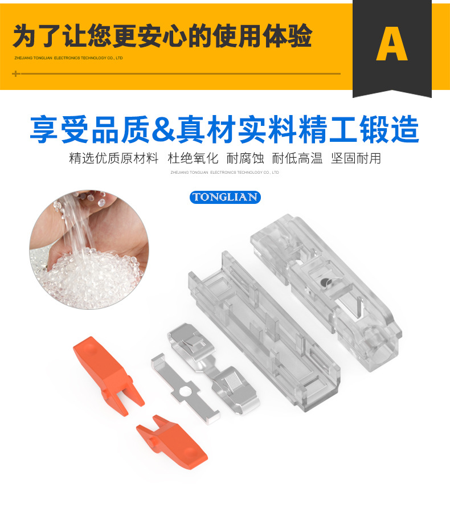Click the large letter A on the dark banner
tap(392, 44)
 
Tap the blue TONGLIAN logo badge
tap(225, 197)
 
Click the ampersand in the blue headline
tap(163, 129)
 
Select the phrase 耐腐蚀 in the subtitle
tap(245, 158)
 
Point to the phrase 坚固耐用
tap(356, 158)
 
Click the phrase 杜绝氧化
tap(193, 158)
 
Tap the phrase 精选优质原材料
tap(114, 158)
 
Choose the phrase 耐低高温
tap(297, 158)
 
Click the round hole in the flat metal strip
tap(183, 391)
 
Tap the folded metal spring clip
tap(214, 369)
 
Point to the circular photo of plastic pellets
tap(89, 249)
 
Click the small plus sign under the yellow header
tap(16, 73)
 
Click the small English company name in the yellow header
tap(68, 58)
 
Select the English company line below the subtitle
tap(224, 173)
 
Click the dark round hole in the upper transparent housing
tap(325, 283)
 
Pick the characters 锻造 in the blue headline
tap(390, 129)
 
